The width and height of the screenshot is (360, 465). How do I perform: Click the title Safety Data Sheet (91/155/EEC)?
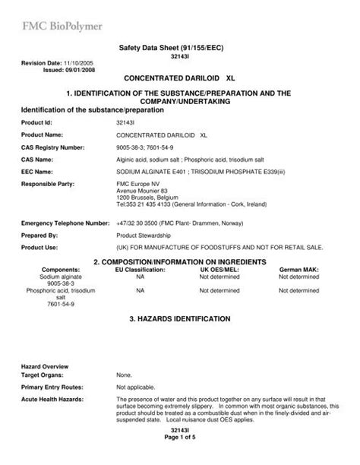180,49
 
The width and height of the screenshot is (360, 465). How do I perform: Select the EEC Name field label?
38,172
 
